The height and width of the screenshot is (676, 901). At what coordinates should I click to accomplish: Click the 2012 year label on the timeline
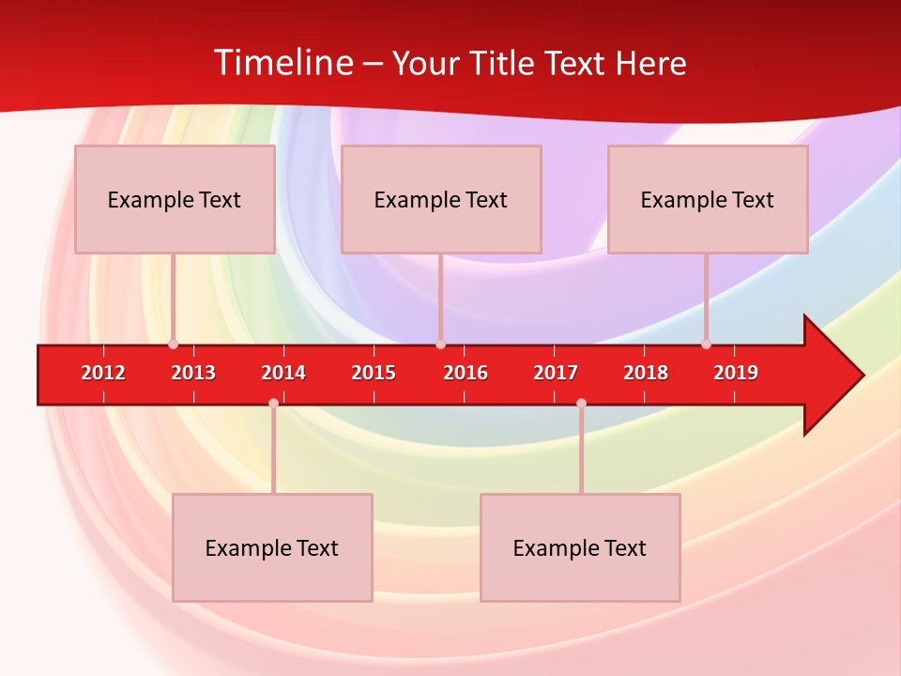coord(103,373)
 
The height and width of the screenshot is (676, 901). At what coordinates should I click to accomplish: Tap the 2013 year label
coord(193,373)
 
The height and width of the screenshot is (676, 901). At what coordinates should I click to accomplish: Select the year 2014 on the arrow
coord(283,373)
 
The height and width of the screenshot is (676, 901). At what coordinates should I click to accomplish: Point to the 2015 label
coord(374,373)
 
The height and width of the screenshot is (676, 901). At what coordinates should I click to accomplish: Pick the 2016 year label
coord(466,373)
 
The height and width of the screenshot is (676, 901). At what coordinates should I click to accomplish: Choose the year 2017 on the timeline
coord(556,373)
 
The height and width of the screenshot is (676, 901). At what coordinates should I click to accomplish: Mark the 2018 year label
coord(646,373)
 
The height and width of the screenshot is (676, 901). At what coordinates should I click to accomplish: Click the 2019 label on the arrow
coord(736,373)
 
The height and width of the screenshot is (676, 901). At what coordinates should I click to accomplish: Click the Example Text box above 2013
coord(175,199)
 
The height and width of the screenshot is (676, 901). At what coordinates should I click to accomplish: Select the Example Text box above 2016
coord(441,199)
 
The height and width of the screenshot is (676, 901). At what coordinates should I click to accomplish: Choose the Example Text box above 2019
coord(708,199)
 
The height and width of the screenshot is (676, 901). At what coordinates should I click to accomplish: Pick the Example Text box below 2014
coord(272,547)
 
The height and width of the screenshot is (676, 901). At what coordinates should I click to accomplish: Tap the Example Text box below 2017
coord(580,547)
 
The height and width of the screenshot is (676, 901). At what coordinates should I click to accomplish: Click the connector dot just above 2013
coord(173,345)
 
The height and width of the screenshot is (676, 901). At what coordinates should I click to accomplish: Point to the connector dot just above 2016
coord(440,345)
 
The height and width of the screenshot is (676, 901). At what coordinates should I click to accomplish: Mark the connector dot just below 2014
coord(273,403)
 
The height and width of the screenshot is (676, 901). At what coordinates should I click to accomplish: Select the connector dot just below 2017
coord(581,403)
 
